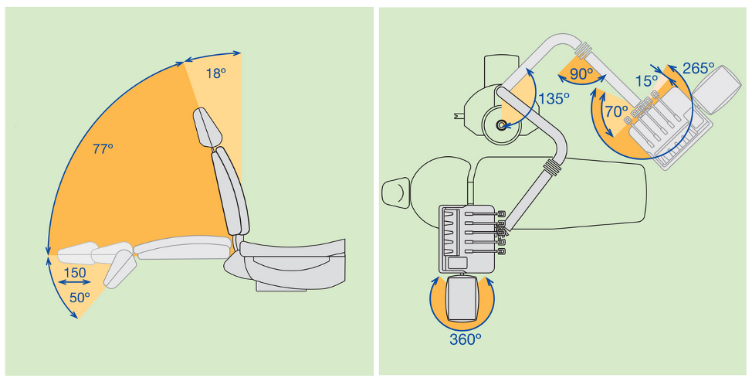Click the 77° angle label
point(103,149)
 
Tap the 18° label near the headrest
point(216,74)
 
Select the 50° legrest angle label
point(80,298)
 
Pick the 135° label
point(554,99)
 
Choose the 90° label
point(581,74)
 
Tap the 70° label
point(616,112)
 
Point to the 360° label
point(466,339)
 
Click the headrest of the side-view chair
point(207,128)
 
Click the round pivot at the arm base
point(501,125)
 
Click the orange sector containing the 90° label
point(581,72)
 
